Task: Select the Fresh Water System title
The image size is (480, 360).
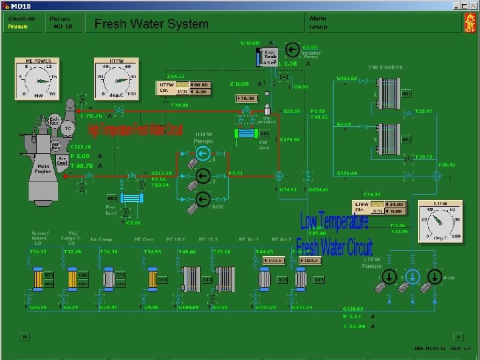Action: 151,24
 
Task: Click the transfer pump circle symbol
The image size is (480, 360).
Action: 291,49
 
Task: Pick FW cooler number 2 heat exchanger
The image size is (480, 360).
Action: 387,138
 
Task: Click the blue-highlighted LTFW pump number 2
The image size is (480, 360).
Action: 413,275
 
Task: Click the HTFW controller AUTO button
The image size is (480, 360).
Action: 182,85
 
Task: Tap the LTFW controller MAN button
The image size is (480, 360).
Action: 378,211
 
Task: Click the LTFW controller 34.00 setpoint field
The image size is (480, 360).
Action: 397,204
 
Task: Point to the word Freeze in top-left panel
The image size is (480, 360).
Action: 17,27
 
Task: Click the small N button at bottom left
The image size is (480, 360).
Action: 23,337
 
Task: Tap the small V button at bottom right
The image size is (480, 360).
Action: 458,337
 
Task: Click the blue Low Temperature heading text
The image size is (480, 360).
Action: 334,221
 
